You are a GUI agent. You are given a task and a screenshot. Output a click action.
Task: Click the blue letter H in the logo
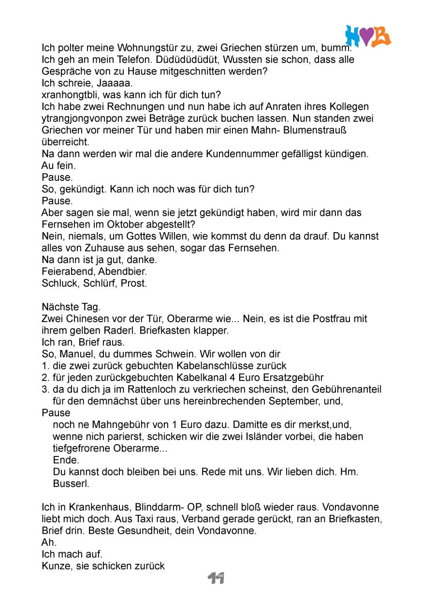pos(354,36)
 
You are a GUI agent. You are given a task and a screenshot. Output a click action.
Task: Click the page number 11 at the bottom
pos(216,578)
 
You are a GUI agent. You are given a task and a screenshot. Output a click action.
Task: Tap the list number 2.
pos(44,378)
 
